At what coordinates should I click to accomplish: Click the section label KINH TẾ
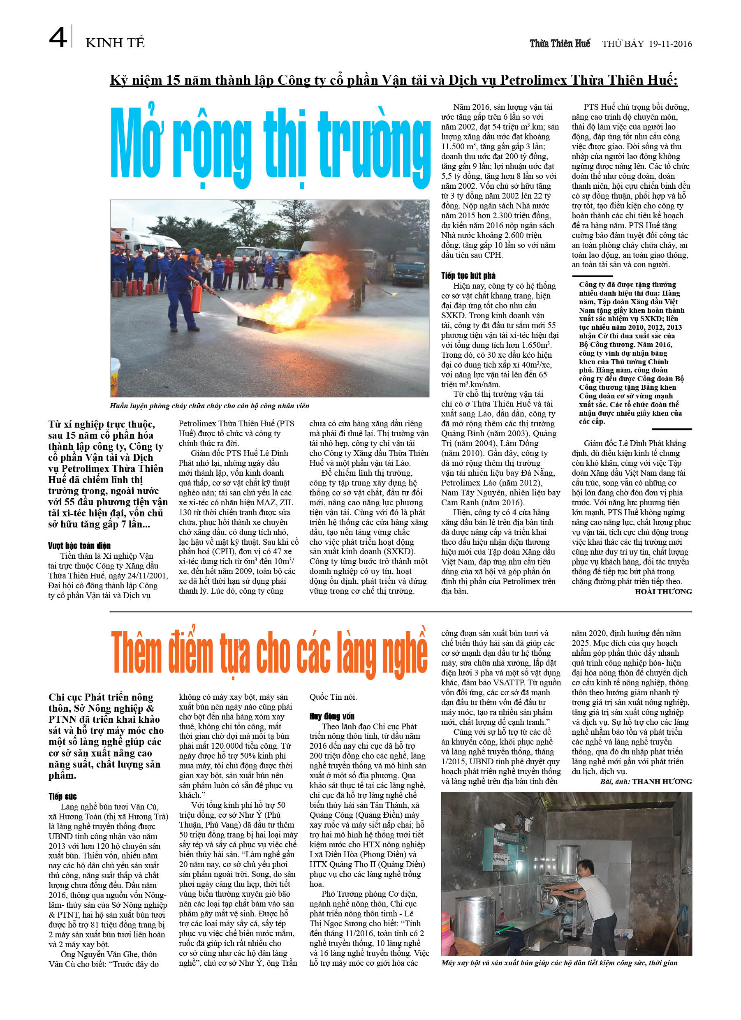coord(115,43)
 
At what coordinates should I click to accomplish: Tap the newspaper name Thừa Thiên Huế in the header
coord(560,44)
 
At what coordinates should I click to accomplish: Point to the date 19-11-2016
coord(670,44)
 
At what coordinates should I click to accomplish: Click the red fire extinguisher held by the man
coord(196,299)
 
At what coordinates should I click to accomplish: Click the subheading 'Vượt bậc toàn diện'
coord(79,546)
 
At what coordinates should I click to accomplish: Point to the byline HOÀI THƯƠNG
coord(663,591)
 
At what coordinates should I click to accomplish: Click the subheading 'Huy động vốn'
coord(331,717)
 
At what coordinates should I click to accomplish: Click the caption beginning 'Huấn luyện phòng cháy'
coord(209,406)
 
